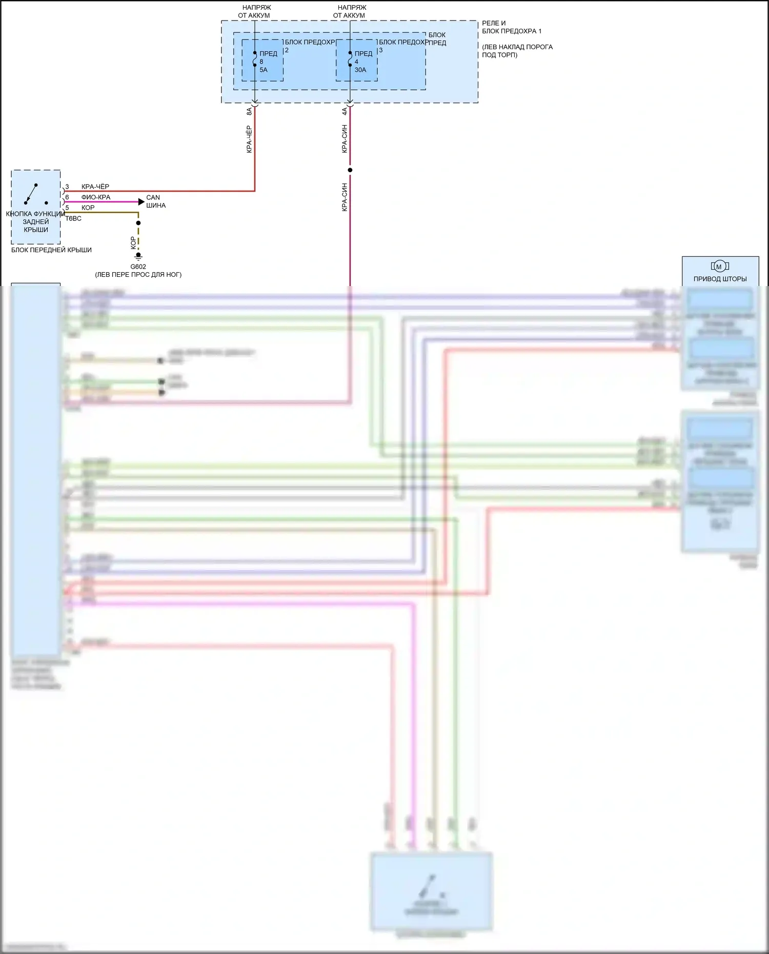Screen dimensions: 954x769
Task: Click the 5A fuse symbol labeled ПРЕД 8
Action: (255, 59)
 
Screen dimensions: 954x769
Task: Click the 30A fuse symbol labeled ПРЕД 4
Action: (350, 59)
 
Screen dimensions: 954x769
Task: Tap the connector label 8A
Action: (249, 111)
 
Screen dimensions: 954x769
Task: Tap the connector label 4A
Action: (345, 111)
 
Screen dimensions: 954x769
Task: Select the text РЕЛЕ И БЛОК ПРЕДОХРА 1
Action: (511, 27)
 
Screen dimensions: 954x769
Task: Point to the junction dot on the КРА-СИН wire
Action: (350, 170)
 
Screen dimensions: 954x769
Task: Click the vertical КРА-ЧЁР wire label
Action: (249, 139)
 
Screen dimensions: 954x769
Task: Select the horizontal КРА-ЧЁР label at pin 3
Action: (95, 187)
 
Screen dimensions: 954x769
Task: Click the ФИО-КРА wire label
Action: (95, 197)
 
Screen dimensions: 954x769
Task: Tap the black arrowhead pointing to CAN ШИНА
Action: (141, 202)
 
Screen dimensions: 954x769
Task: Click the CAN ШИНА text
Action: (156, 201)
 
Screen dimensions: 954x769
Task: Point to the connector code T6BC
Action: (73, 218)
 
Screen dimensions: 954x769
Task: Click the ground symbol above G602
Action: (138, 256)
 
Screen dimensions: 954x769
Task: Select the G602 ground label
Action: (138, 267)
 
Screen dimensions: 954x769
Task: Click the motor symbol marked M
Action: (719, 266)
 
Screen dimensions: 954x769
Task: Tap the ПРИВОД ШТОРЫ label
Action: (720, 279)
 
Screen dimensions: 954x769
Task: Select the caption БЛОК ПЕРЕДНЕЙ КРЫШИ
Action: (51, 250)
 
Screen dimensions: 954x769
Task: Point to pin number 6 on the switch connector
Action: (67, 197)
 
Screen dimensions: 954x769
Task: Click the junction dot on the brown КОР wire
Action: (138, 223)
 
